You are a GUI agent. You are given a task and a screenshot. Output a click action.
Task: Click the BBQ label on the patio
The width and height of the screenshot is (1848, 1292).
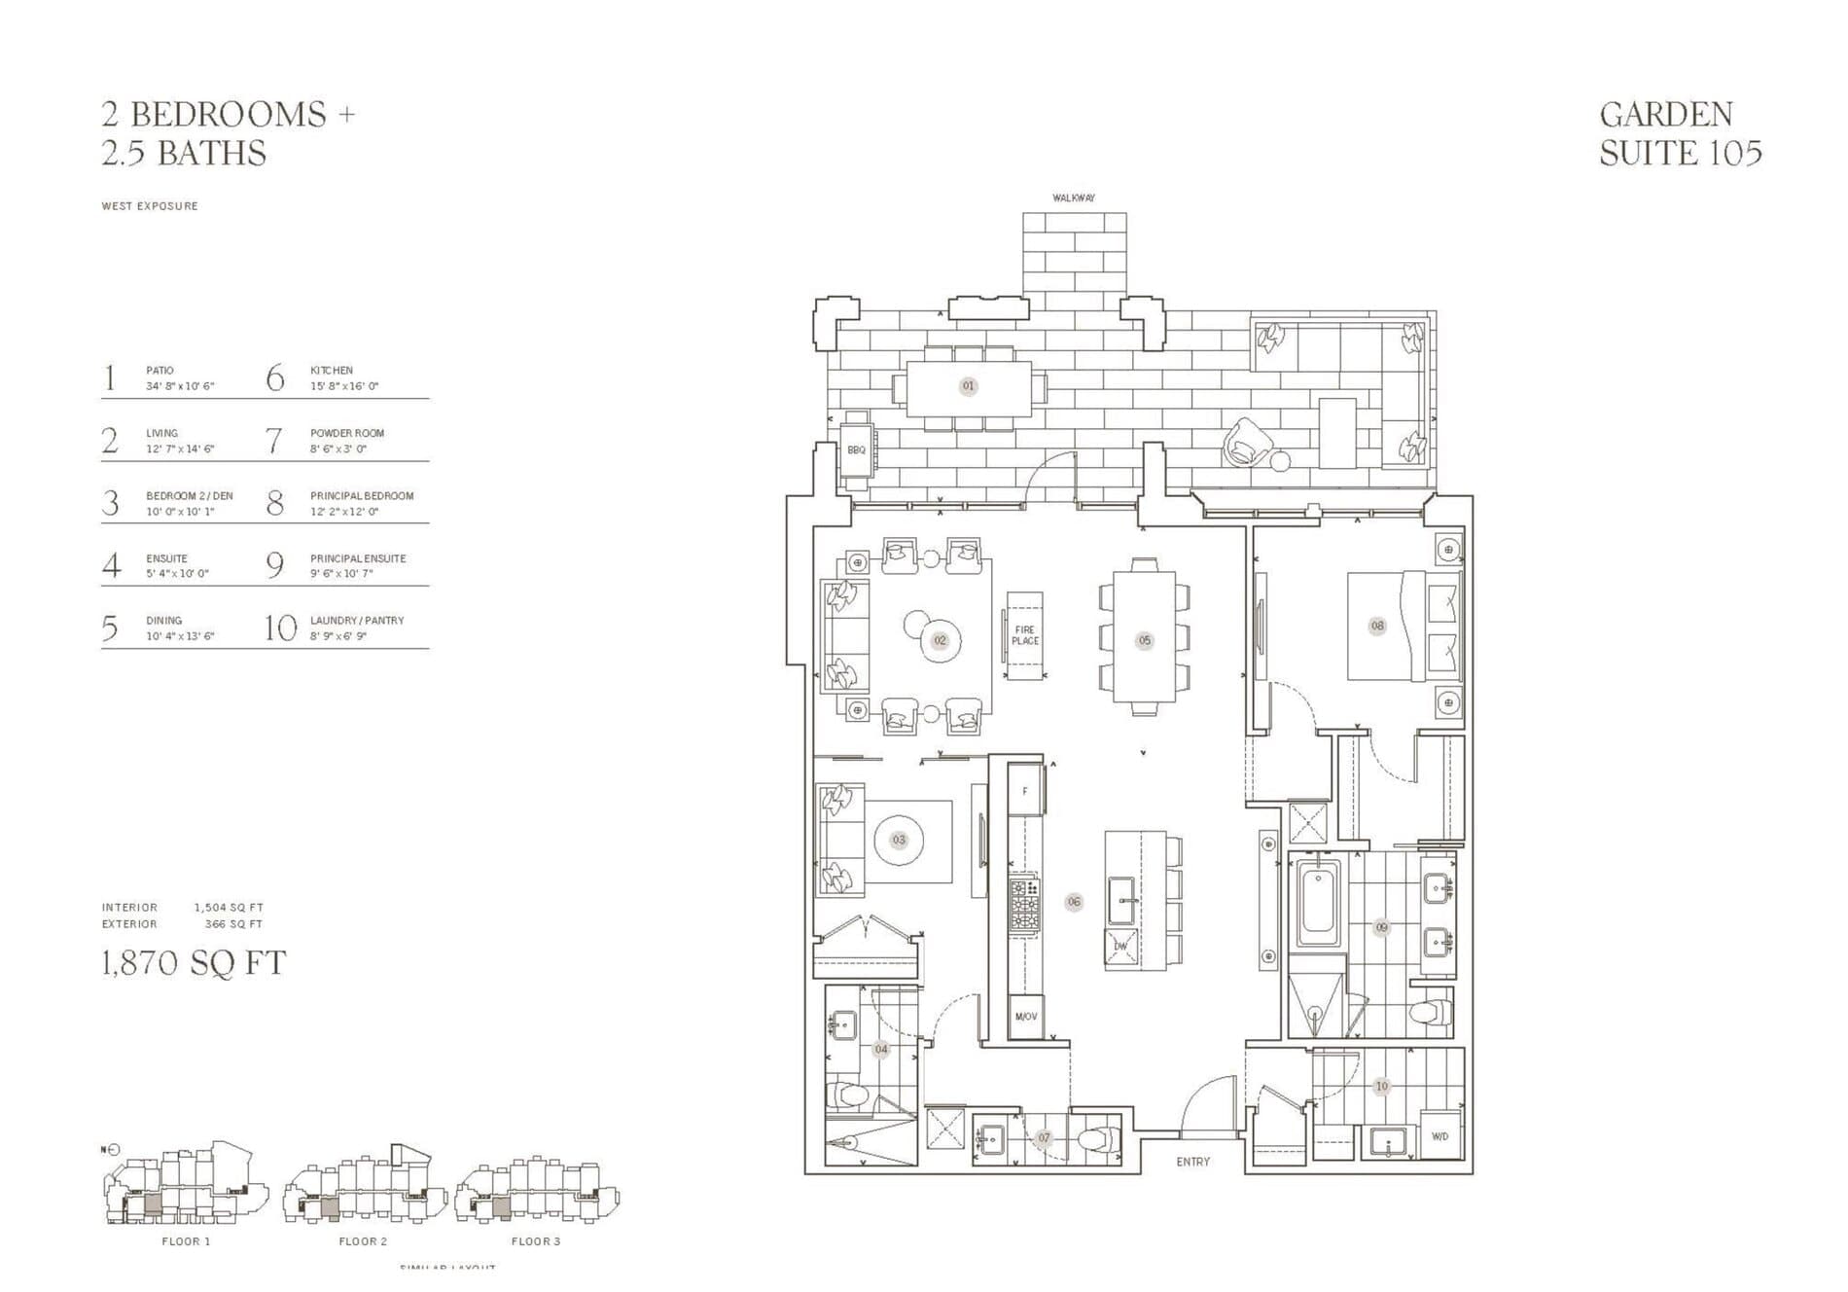pos(856,450)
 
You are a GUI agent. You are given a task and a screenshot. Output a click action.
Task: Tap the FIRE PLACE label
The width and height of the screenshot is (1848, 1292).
pos(1025,635)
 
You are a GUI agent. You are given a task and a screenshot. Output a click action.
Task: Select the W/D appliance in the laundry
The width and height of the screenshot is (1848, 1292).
pos(1439,1136)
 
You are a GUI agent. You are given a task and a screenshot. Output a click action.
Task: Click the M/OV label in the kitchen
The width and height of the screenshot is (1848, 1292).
pos(1025,1017)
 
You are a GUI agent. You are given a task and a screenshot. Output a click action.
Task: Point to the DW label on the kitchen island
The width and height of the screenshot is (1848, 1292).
pos(1120,947)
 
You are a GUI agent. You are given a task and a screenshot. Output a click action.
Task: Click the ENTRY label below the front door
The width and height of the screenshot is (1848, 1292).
pos(1192,1162)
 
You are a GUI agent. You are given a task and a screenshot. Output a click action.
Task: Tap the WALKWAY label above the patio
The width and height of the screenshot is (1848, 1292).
pos(1074,198)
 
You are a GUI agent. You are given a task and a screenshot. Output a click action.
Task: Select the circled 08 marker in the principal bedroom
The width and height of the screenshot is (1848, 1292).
pos(1377,626)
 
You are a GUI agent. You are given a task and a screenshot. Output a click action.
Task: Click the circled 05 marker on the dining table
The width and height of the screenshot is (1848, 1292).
pos(1145,640)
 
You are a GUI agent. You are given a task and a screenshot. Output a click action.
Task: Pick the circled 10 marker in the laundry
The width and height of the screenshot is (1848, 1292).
pos(1381,1087)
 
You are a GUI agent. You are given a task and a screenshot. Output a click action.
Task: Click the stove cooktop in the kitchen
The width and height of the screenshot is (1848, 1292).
pos(1023,905)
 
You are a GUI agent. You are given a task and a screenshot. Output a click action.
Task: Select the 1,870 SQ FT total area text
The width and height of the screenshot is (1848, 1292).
pos(194,963)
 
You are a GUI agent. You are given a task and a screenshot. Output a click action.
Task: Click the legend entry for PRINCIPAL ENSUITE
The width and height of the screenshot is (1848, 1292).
pos(357,559)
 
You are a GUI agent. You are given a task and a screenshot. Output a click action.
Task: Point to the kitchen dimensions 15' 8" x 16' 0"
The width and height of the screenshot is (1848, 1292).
pos(343,386)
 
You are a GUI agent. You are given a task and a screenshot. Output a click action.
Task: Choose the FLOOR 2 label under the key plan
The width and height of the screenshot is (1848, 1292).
pos(363,1241)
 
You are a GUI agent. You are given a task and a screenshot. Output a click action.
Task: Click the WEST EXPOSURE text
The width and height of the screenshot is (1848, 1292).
pos(150,206)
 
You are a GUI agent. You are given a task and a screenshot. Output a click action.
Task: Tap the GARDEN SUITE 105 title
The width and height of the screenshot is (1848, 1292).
pos(1680,133)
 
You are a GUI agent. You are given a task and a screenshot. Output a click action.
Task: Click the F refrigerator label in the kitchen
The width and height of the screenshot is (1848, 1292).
pos(1024,792)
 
